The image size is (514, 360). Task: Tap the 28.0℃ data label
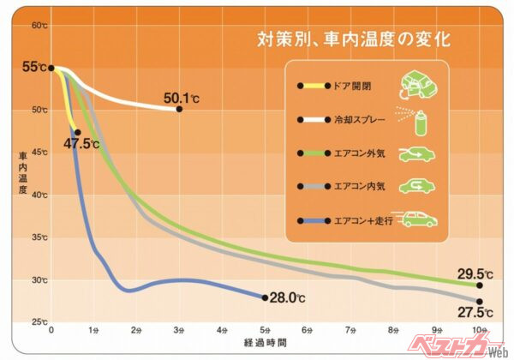(288, 297)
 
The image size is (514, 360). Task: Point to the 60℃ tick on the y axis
(39, 26)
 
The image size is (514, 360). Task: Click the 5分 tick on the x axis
(265, 330)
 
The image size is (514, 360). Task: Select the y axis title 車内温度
(22, 177)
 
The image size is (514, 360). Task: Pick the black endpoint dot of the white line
(179, 109)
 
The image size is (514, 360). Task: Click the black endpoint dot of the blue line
(265, 297)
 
